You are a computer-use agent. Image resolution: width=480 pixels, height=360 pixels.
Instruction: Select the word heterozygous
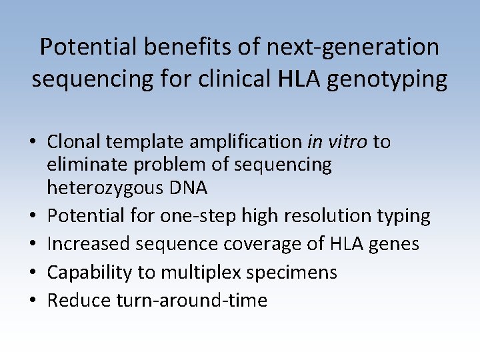pyautogui.click(x=102, y=189)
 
